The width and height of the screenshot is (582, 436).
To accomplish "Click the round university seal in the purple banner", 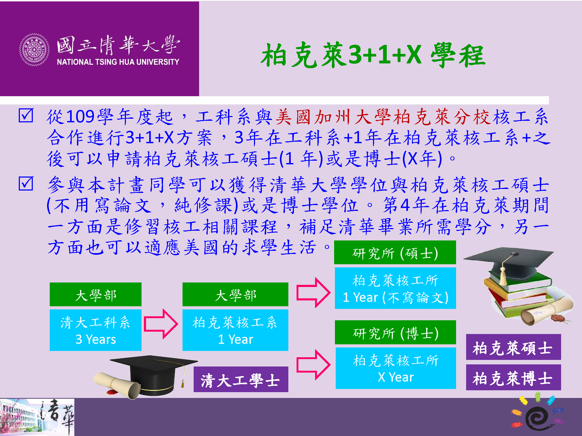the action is coord(34,50).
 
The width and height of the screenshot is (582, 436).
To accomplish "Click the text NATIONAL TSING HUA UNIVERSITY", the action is coord(118,62).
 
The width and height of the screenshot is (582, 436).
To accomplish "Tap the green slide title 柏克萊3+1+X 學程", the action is coord(373,55).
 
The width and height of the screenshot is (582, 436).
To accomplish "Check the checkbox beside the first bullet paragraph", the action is coord(26,115).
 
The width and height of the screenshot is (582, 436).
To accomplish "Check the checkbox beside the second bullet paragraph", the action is coord(26,184).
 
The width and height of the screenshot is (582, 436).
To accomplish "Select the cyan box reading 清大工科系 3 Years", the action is coord(96,330).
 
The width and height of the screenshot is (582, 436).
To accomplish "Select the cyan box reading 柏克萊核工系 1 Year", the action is coord(235,330).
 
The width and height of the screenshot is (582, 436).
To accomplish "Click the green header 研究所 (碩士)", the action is coord(395,252).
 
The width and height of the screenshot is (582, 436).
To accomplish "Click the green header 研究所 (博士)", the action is coord(395,332).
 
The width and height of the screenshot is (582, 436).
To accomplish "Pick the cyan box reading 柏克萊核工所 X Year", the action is coord(396,368).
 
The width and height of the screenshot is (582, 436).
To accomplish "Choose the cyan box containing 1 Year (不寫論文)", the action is coord(395,288).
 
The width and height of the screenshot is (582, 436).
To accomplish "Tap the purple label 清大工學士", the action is coord(241,379).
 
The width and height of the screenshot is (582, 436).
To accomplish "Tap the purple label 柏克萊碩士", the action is coord(513,347).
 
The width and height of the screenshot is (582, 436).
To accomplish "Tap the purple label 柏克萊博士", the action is coord(513,377).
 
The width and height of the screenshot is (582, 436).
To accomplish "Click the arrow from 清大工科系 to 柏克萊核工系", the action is coord(161,324).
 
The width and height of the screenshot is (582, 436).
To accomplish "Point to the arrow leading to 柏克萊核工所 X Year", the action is coord(313,365).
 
